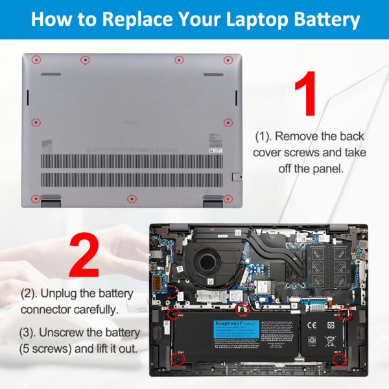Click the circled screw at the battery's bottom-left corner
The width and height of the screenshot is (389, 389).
point(174,358)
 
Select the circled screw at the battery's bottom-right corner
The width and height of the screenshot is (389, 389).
point(338,358)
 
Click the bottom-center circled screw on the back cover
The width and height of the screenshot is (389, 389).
point(132,198)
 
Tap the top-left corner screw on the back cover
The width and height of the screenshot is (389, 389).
point(36,60)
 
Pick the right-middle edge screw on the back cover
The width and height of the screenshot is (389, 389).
point(228,122)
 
